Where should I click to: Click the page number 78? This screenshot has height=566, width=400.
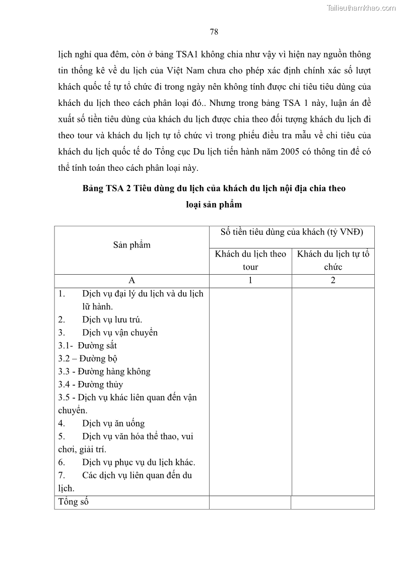[214, 32]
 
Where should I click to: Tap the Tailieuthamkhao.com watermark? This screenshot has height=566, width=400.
[361, 8]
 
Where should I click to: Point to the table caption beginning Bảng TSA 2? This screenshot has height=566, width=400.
[214, 188]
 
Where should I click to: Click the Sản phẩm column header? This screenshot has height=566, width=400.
[131, 245]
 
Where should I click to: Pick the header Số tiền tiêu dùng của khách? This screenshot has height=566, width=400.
[292, 232]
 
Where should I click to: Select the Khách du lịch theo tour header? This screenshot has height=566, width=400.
[250, 260]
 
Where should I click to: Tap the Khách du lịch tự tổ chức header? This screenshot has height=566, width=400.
[333, 260]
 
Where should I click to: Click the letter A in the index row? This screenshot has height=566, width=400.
[131, 281]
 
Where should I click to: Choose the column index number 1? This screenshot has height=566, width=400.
[250, 281]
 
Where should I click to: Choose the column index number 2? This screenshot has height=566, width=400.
[333, 281]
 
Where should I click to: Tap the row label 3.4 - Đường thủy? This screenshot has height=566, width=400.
[91, 385]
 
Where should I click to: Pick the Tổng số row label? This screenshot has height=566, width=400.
[74, 502]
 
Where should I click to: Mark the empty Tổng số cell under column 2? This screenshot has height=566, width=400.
[333, 502]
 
